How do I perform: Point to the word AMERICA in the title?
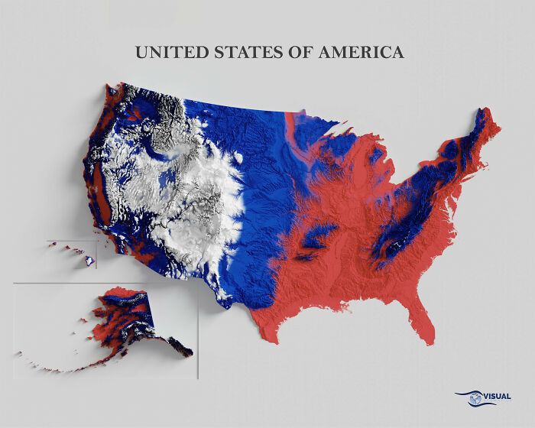tap(365, 52)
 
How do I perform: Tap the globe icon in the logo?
tap(476, 397)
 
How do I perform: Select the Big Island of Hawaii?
tap(90, 261)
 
